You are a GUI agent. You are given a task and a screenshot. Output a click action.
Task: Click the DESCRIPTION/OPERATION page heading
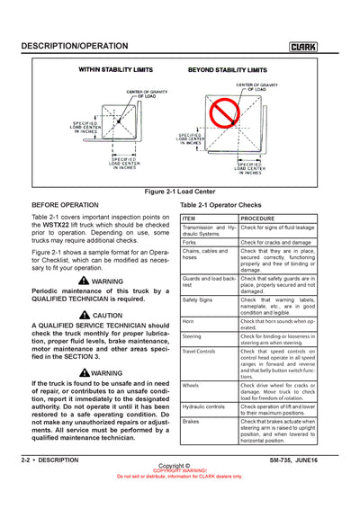tap(74, 46)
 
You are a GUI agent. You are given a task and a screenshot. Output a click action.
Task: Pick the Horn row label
tap(189, 321)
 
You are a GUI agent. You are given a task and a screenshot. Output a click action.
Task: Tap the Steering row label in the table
tap(193, 336)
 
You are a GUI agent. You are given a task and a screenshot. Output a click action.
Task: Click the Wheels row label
tap(191, 385)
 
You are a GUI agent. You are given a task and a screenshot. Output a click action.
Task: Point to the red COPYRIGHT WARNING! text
tap(180, 470)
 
